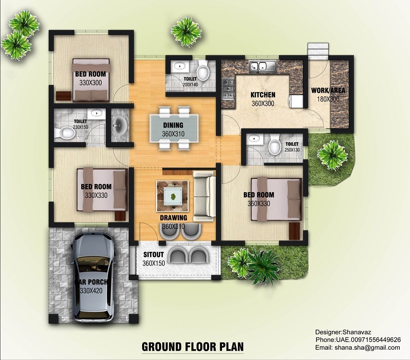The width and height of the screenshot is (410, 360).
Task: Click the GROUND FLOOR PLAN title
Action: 193,346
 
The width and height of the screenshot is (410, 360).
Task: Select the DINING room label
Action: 173,125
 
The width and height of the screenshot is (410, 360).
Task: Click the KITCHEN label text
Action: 263,95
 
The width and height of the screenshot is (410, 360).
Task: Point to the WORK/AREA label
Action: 328,91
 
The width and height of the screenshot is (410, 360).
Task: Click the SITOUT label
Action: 151,255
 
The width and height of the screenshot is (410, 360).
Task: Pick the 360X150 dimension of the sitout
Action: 153,263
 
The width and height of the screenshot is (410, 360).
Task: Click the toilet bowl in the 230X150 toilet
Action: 67,133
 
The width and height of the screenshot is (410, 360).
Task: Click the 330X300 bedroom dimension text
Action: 91,83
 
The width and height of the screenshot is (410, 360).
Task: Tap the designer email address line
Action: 358,347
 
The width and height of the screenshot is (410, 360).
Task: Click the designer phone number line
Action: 358,340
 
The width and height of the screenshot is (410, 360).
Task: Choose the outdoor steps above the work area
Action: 317,50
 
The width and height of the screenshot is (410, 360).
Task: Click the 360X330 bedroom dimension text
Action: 259,203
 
